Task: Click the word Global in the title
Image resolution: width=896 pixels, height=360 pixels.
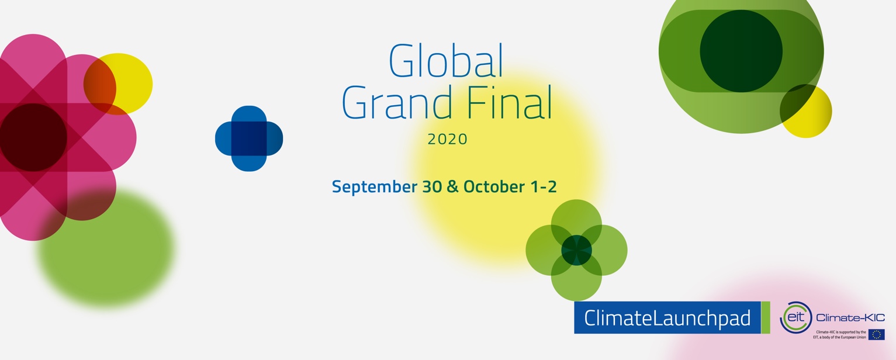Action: tap(446, 61)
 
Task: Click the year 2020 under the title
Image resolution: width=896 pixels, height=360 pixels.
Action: tap(448, 139)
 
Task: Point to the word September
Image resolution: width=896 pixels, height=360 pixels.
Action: tap(375, 187)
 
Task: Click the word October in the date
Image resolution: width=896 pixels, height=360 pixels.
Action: tap(494, 187)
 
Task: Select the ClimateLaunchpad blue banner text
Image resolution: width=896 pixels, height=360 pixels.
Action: tap(667, 318)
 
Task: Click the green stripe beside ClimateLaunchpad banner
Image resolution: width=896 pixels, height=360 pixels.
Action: tap(766, 318)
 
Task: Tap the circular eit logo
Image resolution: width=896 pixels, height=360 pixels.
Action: tap(795, 317)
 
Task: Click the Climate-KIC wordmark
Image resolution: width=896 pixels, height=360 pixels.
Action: tap(850, 318)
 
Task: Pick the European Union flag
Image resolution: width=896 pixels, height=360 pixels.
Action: tap(876, 334)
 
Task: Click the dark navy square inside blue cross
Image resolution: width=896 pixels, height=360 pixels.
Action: tap(249, 139)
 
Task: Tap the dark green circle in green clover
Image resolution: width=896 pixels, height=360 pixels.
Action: tap(576, 250)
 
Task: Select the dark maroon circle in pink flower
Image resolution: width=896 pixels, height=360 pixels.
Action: tap(33, 138)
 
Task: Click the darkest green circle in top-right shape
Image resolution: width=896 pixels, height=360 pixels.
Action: tap(741, 51)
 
